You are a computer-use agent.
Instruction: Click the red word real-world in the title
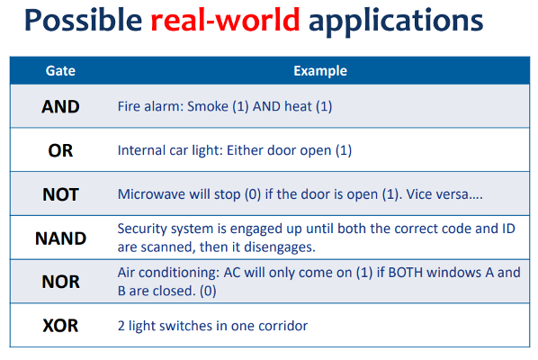[x=226, y=20]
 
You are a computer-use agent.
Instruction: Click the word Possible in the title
[x=84, y=20]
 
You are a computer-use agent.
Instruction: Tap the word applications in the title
[x=396, y=22]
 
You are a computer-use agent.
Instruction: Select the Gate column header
[x=60, y=71]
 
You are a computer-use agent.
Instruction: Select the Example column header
[x=320, y=71]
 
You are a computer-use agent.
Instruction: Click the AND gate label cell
[x=60, y=106]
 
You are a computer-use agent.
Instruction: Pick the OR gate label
[x=60, y=150]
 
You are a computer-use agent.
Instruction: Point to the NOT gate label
[x=61, y=194]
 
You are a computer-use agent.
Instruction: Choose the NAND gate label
[x=61, y=238]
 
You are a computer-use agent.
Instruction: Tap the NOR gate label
[x=61, y=282]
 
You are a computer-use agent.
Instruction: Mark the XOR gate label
[x=60, y=325]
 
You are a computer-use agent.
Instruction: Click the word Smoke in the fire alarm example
[x=208, y=106]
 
